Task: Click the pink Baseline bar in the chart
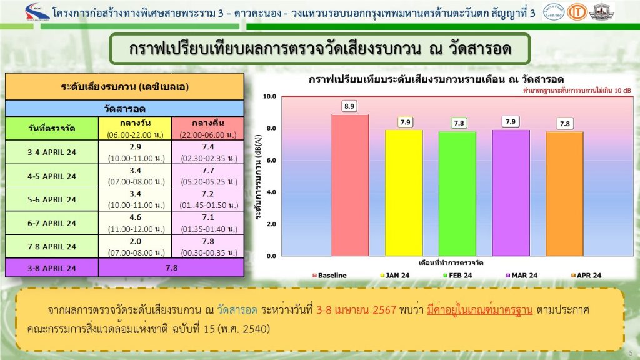(350, 185)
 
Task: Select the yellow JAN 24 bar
(404, 192)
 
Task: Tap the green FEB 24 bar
(457, 194)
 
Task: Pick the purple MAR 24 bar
(511, 192)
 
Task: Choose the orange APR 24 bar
(565, 194)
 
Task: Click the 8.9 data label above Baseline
(349, 106)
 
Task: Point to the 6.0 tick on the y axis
(271, 160)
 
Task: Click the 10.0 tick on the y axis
(270, 96)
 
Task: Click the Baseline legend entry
(329, 276)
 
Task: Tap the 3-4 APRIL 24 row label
(52, 152)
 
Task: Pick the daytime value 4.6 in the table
(136, 217)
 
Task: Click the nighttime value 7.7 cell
(208, 176)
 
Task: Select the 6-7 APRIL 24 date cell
(52, 223)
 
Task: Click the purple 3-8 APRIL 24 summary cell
(52, 268)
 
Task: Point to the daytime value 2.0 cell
(136, 246)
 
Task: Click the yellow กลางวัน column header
(135, 128)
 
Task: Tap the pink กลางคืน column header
(208, 128)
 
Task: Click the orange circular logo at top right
(577, 12)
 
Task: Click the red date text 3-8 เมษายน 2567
(356, 310)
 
